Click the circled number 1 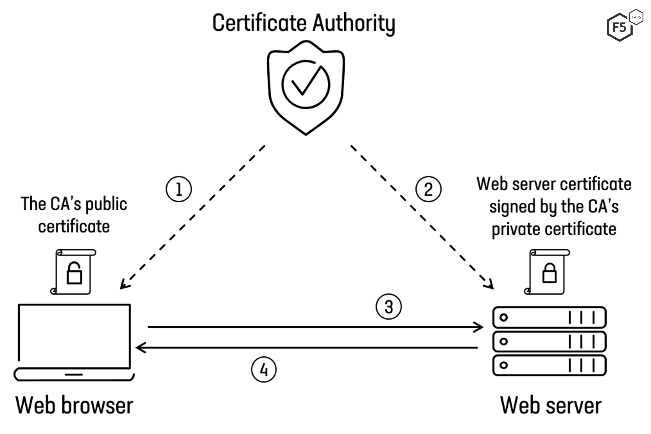pos(179,189)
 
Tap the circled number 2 pos(428,189)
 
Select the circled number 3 pos(388,307)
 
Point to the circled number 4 pos(264,370)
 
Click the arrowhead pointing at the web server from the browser pos(479,327)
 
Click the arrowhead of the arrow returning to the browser pos(140,347)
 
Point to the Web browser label pos(74,405)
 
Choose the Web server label pos(551,405)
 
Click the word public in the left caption pos(106,204)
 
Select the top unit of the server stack pos(549,317)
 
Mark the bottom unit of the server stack pos(549,365)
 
